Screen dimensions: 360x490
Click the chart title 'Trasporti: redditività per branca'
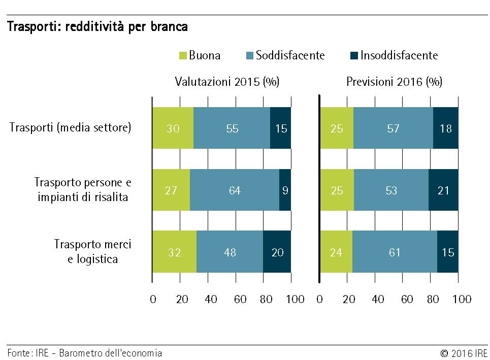click(97, 27)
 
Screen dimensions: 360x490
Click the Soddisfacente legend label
click(290, 55)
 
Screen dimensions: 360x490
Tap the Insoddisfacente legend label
click(399, 55)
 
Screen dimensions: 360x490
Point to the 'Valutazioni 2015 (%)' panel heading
click(227, 82)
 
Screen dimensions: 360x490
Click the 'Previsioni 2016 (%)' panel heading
click(394, 82)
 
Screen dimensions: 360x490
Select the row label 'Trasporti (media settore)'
click(71, 127)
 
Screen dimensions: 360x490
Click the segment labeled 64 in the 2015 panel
click(235, 190)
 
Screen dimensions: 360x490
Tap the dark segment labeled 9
click(285, 190)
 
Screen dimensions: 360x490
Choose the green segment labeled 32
click(174, 252)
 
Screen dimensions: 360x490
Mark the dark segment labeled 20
click(277, 252)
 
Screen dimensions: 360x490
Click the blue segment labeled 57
click(393, 128)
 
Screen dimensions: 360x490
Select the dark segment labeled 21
click(443, 190)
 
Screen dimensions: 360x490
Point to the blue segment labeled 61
click(395, 252)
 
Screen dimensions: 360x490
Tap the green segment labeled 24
click(336, 252)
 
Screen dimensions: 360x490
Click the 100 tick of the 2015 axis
click(295, 299)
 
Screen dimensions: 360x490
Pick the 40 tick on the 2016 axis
click(377, 299)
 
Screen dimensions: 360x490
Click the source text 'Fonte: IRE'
click(27, 353)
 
